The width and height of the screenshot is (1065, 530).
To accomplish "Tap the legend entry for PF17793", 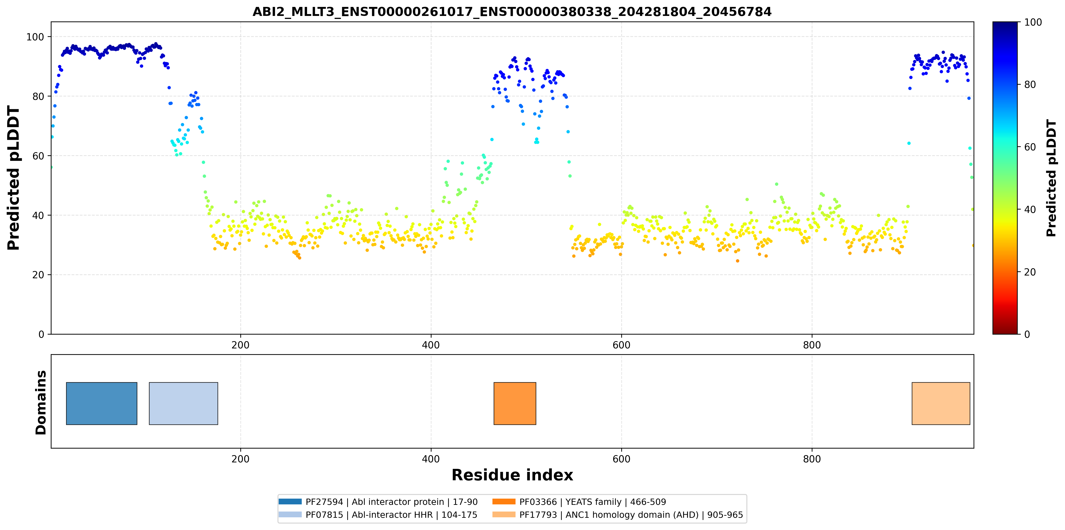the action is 618,515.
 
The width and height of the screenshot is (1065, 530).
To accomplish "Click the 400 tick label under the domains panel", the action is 431,459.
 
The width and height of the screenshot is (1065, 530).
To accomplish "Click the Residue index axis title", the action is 512,475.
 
